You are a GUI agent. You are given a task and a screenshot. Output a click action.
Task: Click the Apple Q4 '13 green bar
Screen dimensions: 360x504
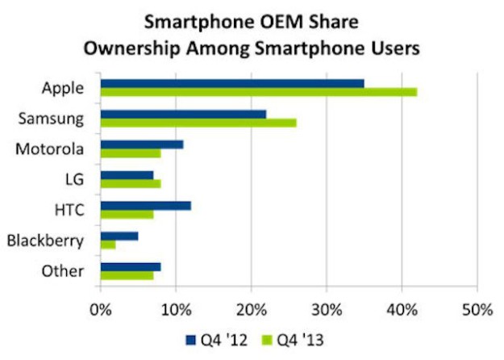coord(258,92)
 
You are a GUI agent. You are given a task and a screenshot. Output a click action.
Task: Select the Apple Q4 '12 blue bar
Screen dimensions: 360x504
coord(231,83)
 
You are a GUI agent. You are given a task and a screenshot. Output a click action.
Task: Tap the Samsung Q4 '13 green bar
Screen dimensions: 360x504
coord(198,123)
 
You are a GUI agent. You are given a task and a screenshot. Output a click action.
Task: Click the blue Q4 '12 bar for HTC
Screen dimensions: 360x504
coord(145,206)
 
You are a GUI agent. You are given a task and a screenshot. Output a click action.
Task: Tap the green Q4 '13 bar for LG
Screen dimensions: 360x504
coord(131,184)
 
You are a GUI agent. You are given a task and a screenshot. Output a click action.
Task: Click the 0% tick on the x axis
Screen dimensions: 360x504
coord(101,308)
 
